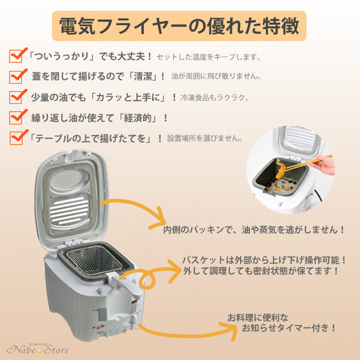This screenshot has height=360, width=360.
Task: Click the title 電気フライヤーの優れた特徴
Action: [179, 26]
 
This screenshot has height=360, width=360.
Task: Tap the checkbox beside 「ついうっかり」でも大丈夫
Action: [16, 57]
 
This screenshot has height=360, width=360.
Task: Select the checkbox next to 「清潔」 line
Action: [16, 77]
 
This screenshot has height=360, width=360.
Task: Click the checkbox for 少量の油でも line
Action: [16, 97]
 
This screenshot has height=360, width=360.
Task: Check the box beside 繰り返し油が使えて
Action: [16, 117]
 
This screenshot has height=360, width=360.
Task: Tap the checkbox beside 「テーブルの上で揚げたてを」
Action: [16, 137]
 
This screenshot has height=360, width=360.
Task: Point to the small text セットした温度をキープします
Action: [208, 58]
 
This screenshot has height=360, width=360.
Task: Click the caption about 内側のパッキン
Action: [254, 229]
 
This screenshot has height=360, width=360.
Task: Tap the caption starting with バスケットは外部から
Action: [265, 265]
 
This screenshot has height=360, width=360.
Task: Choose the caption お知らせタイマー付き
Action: [281, 322]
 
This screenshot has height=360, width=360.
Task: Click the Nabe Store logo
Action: [37, 349]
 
